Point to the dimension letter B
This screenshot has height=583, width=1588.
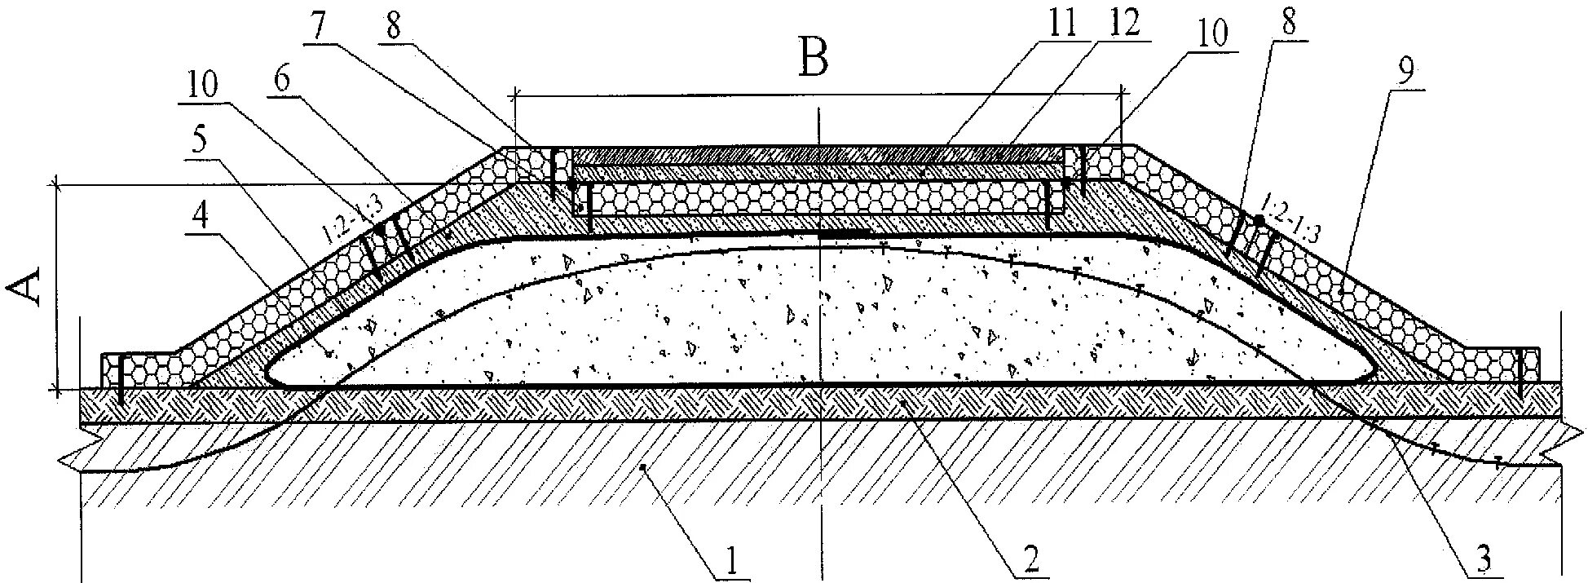814,59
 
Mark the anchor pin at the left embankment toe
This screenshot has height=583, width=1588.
120,378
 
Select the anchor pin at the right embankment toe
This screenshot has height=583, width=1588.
1521,373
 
